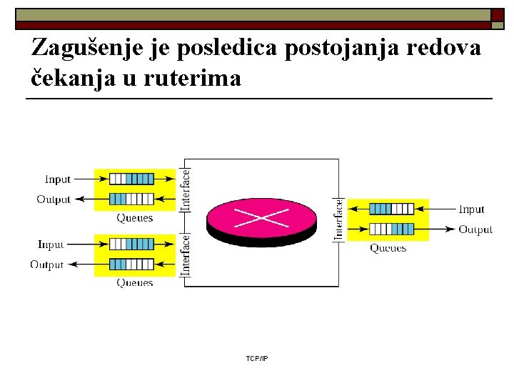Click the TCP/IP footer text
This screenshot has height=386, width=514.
[257, 357]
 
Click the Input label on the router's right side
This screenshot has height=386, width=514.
[471, 209]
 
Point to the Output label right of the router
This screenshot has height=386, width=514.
[475, 229]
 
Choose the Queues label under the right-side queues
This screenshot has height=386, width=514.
[388, 248]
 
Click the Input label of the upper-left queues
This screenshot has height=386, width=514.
[58, 179]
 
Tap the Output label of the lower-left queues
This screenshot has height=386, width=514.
[46, 264]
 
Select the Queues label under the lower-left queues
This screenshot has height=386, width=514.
[135, 283]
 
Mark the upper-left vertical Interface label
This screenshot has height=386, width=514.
[186, 189]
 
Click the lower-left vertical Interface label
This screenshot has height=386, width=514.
[186, 253]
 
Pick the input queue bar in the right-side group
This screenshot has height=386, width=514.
[391, 209]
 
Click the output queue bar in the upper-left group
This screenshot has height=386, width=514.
[131, 199]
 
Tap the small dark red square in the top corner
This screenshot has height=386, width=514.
[497, 15]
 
